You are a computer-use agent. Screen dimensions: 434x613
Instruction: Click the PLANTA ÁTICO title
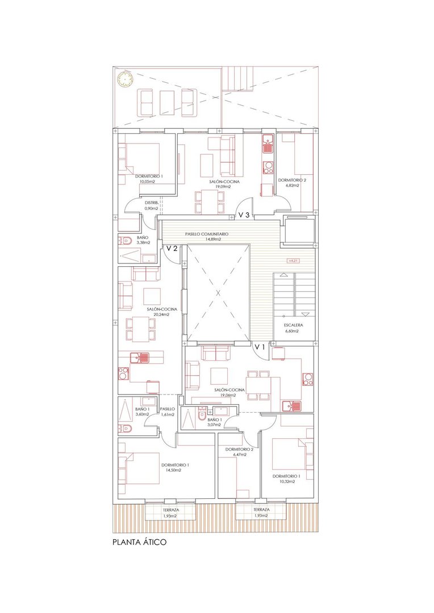[x=139, y=542]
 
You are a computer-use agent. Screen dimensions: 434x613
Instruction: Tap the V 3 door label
[x=244, y=215]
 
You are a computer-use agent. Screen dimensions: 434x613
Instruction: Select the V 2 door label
[x=172, y=248]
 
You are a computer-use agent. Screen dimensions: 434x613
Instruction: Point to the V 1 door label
[x=260, y=347]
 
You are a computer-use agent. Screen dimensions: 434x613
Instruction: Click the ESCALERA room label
[x=294, y=325]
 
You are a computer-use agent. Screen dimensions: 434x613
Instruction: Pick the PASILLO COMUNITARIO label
[x=207, y=234]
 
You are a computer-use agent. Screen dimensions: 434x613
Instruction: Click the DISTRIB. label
[x=152, y=203]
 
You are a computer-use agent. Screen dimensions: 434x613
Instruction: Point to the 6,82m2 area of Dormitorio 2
[x=291, y=185]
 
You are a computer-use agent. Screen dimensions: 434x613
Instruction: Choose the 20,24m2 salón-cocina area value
[x=162, y=314]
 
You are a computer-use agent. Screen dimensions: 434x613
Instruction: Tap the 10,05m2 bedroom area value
[x=148, y=182]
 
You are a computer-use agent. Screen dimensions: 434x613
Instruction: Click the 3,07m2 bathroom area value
[x=215, y=425]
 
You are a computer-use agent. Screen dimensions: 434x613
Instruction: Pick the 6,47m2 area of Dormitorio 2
[x=239, y=455]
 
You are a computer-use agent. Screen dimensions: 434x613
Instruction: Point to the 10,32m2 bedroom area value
[x=286, y=482]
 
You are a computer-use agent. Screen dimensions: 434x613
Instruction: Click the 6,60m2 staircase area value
[x=291, y=331]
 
